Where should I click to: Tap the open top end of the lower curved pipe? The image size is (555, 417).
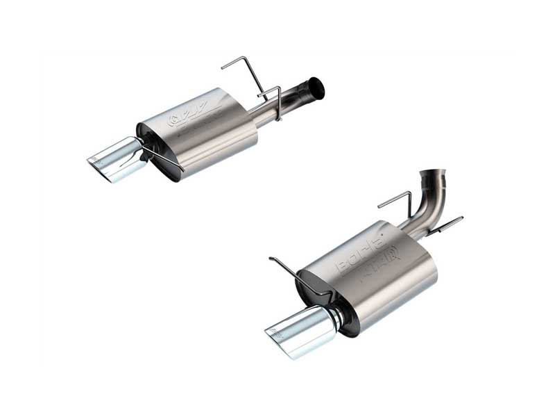[x=432, y=172]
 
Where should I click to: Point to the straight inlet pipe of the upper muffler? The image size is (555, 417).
[x=277, y=108]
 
